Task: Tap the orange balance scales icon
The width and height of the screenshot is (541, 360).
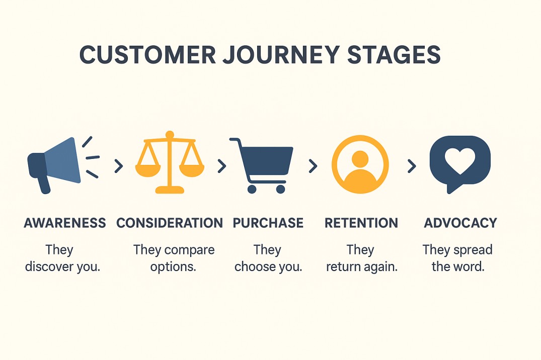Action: coord(170,162)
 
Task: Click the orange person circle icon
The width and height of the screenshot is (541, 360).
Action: coord(360,164)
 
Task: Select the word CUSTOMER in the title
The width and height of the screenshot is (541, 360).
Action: coord(147,55)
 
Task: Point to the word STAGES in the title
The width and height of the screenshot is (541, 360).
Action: coord(394,54)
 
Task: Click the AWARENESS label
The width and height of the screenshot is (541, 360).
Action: coord(65,223)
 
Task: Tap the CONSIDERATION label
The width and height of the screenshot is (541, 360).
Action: coord(170,223)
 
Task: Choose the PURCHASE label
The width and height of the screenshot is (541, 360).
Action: coord(268,223)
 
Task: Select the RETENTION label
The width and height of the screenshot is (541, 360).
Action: coord(361,223)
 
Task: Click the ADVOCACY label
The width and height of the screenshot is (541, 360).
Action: coord(460,223)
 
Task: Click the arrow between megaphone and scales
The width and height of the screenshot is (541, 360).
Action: coord(119,166)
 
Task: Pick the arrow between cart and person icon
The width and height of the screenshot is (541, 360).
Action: coord(313,166)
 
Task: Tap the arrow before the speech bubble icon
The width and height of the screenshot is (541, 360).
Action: coord(412,166)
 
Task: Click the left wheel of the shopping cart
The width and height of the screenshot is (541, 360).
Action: coord(252,189)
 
